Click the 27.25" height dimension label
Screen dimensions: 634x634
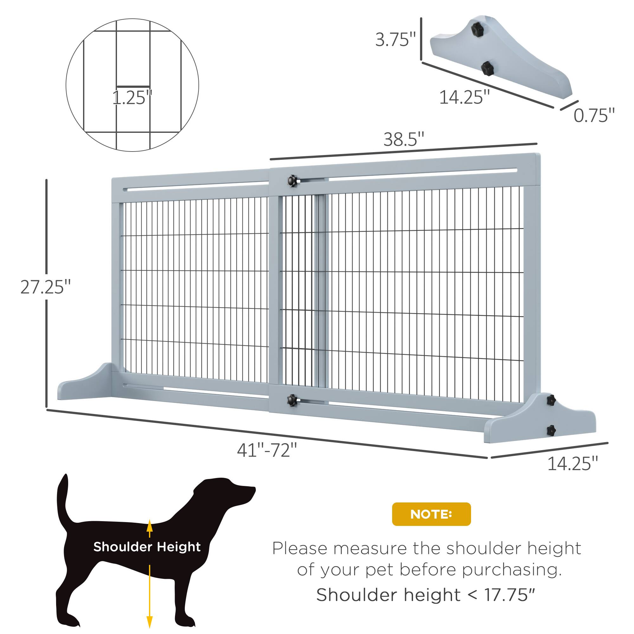click(45, 287)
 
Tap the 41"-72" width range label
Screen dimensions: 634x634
click(267, 450)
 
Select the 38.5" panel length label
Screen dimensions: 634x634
click(404, 139)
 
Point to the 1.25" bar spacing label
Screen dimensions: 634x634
click(132, 98)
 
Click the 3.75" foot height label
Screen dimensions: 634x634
click(395, 40)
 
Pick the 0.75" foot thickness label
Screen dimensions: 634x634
click(594, 115)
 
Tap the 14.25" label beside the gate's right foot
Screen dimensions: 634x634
click(573, 464)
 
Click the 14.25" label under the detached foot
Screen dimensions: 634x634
click(464, 97)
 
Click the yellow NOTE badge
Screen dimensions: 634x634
click(431, 514)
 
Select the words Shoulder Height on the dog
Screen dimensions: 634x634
click(147, 547)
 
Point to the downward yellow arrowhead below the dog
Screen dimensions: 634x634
click(150, 621)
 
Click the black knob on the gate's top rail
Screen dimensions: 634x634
click(292, 180)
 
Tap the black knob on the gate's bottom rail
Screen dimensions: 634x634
click(292, 400)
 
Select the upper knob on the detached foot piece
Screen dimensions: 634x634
click(477, 29)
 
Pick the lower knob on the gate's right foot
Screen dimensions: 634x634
click(551, 430)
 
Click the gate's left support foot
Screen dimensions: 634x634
click(85, 384)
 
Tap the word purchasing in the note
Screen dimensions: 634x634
click(512, 570)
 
